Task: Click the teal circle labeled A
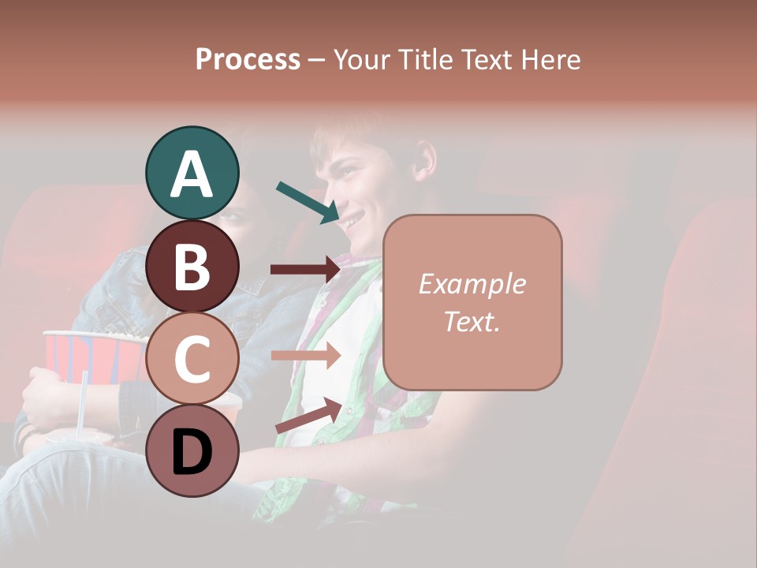coord(192,173)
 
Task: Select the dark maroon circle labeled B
coord(192,266)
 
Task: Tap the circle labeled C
coord(192,358)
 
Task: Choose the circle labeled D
coord(192,450)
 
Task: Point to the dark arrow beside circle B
coord(305,270)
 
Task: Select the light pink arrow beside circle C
coord(305,355)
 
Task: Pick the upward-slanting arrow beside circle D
coord(308,415)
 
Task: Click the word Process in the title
coord(248,59)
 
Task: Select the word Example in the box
coord(472,285)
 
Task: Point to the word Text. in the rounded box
coord(472,321)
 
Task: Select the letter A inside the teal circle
coord(192,174)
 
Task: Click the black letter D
coord(192,452)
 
